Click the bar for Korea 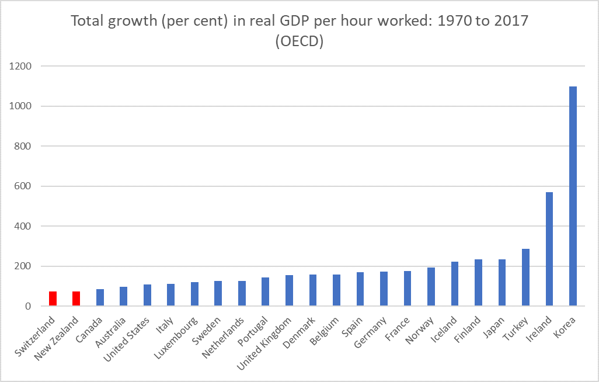[x=573, y=196]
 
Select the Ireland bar [x=549, y=249]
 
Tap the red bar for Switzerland [x=53, y=298]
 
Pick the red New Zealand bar [x=76, y=298]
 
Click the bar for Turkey [x=525, y=277]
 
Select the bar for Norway [x=431, y=287]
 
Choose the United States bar [x=147, y=295]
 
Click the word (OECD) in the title [x=299, y=42]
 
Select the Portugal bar [x=265, y=291]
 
